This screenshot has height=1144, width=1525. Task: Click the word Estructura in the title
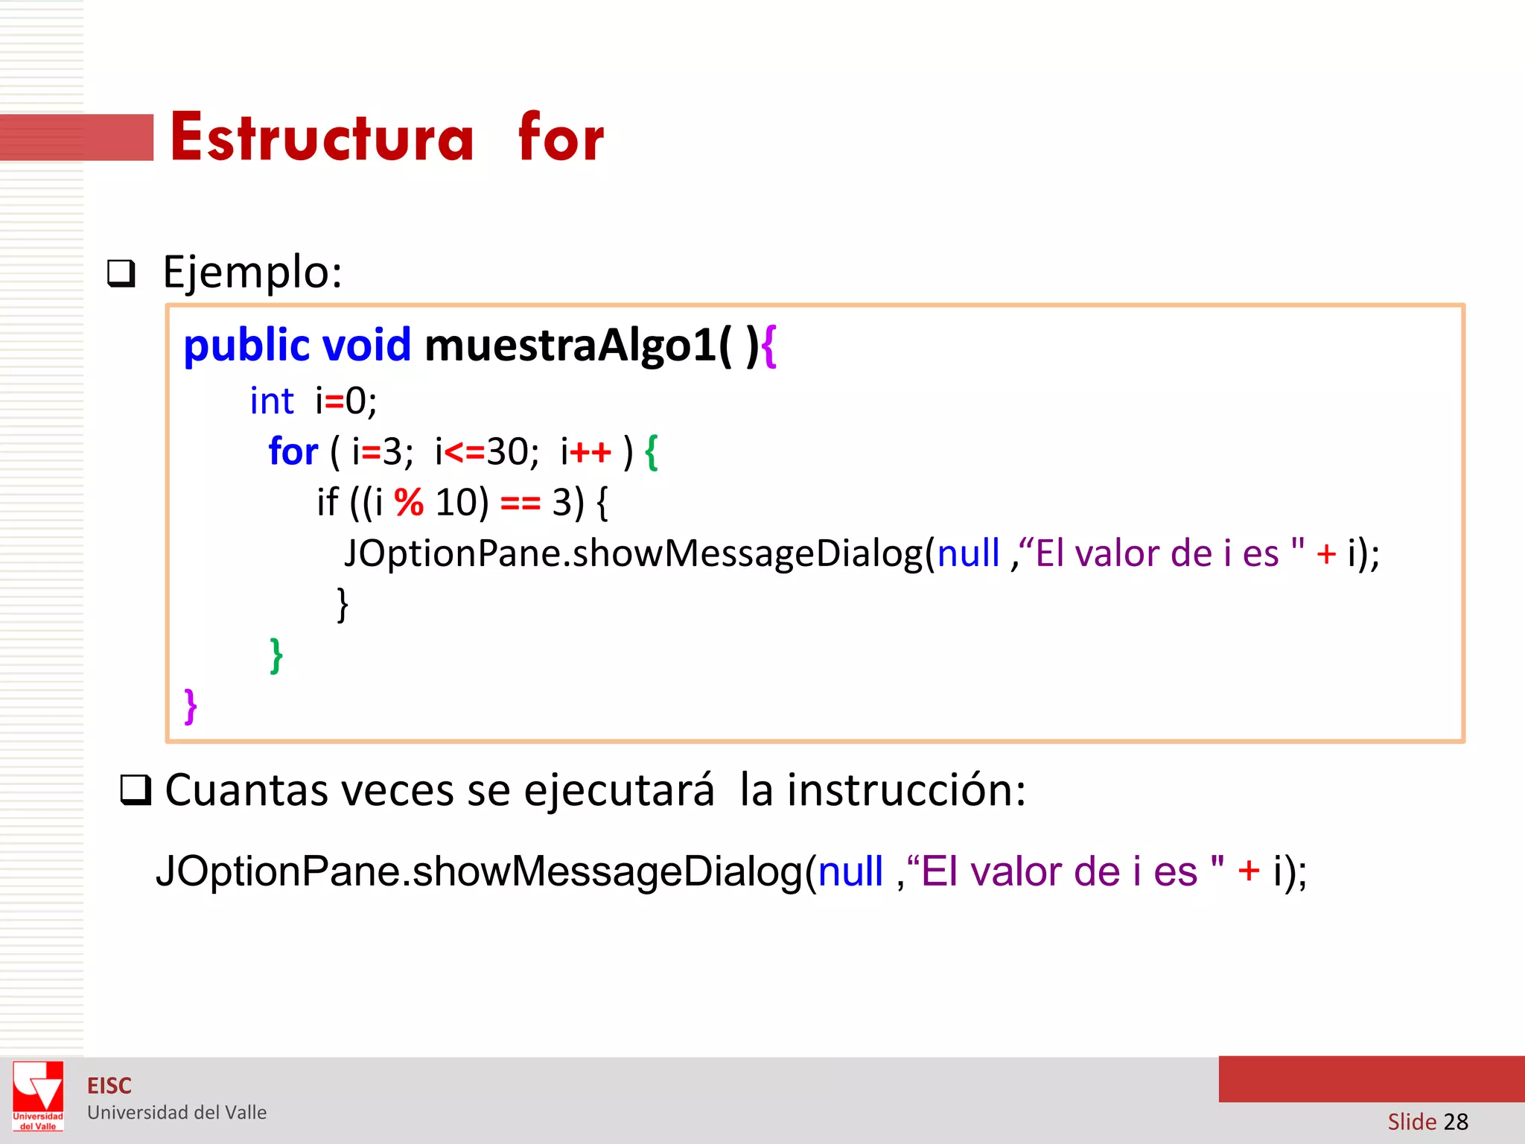pos(322,138)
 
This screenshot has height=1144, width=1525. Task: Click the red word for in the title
pos(561,138)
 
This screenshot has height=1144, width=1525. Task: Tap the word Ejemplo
pos(252,273)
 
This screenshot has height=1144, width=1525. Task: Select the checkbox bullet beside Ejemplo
pos(121,273)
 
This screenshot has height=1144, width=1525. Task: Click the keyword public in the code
pos(246,346)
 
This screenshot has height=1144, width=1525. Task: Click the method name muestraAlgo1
pos(570,345)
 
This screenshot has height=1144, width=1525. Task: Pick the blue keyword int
pos(272,401)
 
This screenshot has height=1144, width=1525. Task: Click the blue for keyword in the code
pos(293,451)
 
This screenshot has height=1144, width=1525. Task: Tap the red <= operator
pos(464,452)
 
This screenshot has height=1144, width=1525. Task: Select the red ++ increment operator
pos(590,452)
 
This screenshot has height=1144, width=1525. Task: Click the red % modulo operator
pos(409,503)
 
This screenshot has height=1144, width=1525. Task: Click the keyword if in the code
pos(327,503)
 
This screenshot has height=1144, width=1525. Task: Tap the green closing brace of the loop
pos(276,655)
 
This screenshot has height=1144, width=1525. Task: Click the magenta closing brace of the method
pos(191,705)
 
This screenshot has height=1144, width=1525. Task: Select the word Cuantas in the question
pos(246,790)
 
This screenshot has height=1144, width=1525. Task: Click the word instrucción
pos(905,790)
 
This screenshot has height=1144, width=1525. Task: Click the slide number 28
pos(1455,1121)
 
